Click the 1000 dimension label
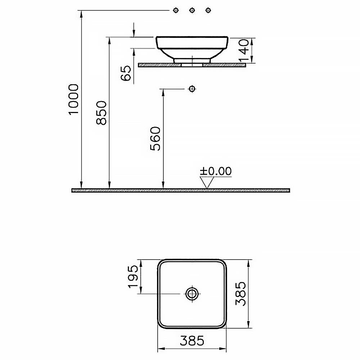[74, 99]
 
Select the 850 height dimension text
[102, 113]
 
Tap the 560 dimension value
[155, 139]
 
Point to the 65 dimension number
[126, 73]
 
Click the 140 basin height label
[244, 50]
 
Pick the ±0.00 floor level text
[216, 171]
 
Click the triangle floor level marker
[207, 183]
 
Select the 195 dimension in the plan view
[133, 276]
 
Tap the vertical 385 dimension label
[240, 294]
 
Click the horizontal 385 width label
[192, 341]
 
